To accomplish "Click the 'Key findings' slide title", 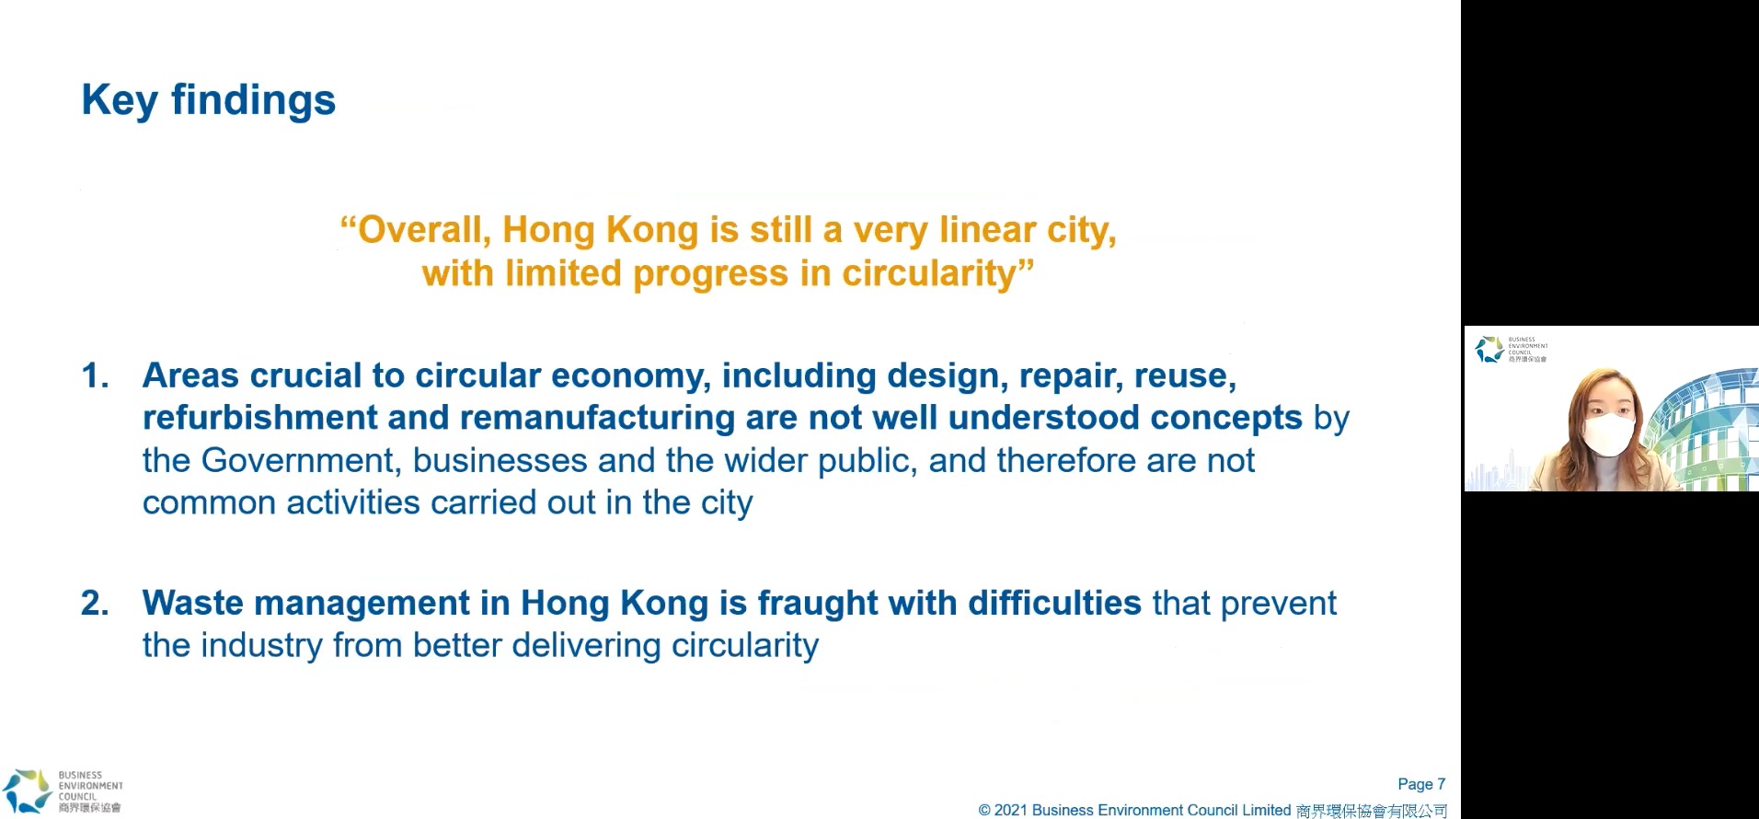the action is (209, 100).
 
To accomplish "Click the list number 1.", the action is (96, 375).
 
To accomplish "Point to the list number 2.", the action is (96, 603).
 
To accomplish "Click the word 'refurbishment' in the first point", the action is (260, 418).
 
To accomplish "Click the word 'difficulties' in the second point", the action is (1054, 603).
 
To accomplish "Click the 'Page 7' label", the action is (1421, 784).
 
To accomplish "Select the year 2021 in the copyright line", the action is (1010, 810).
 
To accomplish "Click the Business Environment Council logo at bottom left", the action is (62, 791).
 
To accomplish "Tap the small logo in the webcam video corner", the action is (1511, 350).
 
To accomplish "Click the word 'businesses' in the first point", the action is (500, 460).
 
